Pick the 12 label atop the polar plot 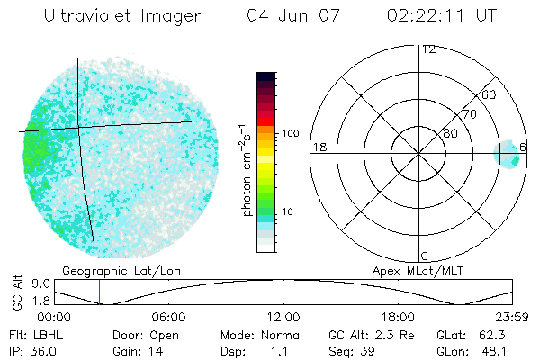point(428,49)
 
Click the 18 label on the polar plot point(318,148)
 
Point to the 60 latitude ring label point(489,94)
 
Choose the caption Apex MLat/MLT point(415,270)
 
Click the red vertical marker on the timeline point(100,292)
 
